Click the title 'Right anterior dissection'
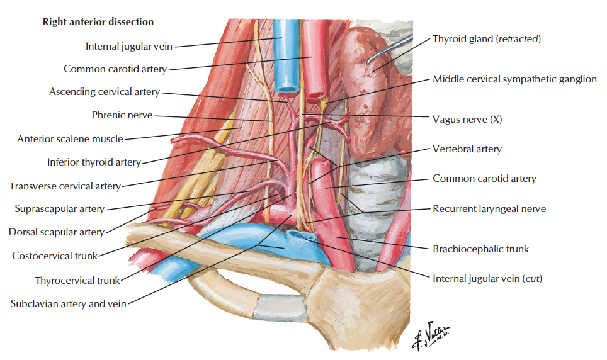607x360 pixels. coord(98,22)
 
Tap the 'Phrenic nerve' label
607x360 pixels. coord(122,115)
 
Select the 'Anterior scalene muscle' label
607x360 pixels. coord(70,138)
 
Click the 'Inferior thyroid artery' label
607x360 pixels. coord(94,162)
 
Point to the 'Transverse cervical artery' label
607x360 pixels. coord(65,186)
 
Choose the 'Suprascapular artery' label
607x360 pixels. coord(60,209)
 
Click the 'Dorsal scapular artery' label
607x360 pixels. coord(57,232)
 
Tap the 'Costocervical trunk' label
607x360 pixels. coord(55,256)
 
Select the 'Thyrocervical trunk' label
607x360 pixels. coord(77,280)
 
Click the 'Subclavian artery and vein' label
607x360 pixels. coord(69,303)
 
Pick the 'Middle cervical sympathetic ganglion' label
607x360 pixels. coord(514,79)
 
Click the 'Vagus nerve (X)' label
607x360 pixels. coord(467,119)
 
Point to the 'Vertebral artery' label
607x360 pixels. coord(467,149)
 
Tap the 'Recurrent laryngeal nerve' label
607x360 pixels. coord(489,209)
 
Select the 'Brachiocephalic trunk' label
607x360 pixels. coord(481,249)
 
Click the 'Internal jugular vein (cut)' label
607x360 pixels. coord(487,279)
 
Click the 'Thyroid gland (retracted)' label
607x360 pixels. coord(487,39)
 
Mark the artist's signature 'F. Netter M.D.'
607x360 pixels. coord(431,335)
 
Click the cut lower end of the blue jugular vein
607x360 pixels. coord(287,89)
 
